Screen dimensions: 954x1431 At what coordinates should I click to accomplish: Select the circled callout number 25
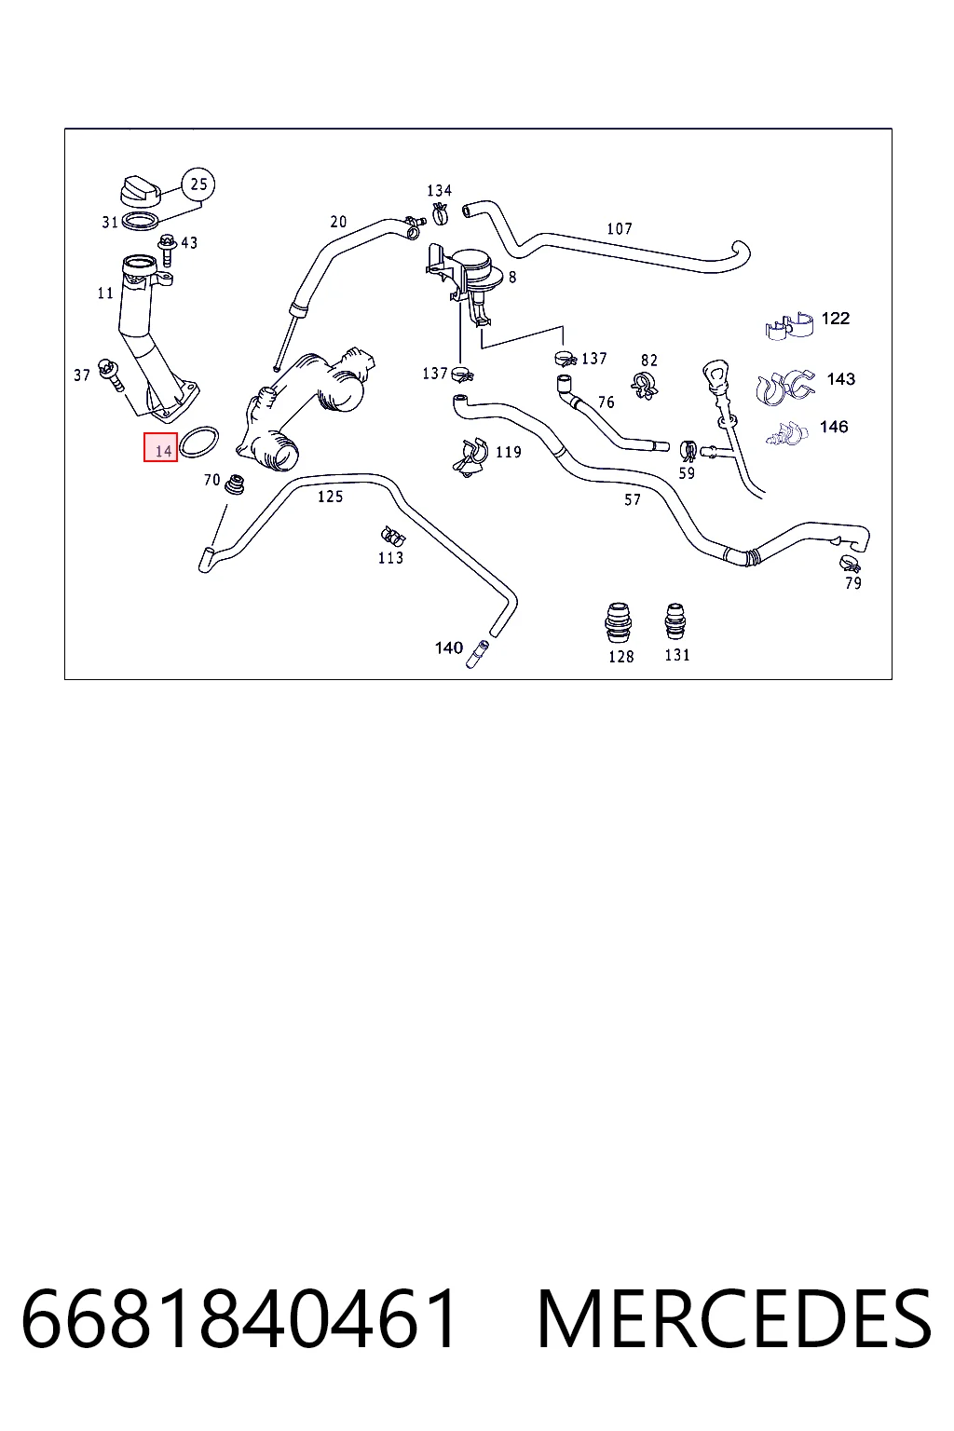pyautogui.click(x=198, y=184)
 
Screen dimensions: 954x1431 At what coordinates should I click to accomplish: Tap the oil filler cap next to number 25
pyautogui.click(x=142, y=191)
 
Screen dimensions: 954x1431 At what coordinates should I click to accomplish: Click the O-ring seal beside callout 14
pyautogui.click(x=198, y=443)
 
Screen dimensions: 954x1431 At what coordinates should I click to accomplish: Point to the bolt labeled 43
pyautogui.click(x=168, y=251)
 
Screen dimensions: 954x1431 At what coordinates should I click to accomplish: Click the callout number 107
pyautogui.click(x=620, y=228)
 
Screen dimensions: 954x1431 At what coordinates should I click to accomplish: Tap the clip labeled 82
pyautogui.click(x=644, y=385)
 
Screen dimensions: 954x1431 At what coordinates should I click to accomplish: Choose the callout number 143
pyautogui.click(x=840, y=379)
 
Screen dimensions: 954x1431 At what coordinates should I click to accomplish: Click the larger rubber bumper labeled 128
pyautogui.click(x=618, y=622)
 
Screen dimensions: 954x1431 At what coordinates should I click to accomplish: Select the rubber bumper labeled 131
pyautogui.click(x=675, y=621)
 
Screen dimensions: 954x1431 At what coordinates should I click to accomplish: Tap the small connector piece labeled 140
pyautogui.click(x=477, y=654)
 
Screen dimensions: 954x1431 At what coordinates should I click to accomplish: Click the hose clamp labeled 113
pyautogui.click(x=392, y=537)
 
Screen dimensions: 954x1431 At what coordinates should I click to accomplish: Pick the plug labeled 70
pyautogui.click(x=236, y=485)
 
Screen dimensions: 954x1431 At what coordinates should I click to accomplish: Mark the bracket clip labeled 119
pyautogui.click(x=470, y=457)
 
